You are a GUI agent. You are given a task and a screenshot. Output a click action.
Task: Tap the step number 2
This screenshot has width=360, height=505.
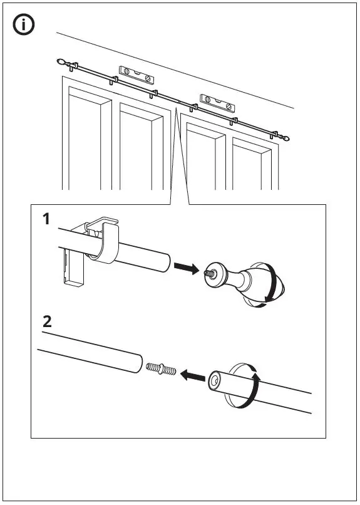click(x=46, y=322)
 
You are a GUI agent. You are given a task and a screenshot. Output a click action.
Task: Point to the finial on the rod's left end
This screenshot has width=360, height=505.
click(x=61, y=62)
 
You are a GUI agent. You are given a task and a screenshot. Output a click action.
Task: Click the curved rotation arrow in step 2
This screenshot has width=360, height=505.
click(x=254, y=383)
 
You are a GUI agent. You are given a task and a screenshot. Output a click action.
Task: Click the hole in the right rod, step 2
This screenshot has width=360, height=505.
click(x=215, y=380)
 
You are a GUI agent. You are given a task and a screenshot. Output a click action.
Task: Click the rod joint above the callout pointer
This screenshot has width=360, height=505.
click(x=178, y=101)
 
